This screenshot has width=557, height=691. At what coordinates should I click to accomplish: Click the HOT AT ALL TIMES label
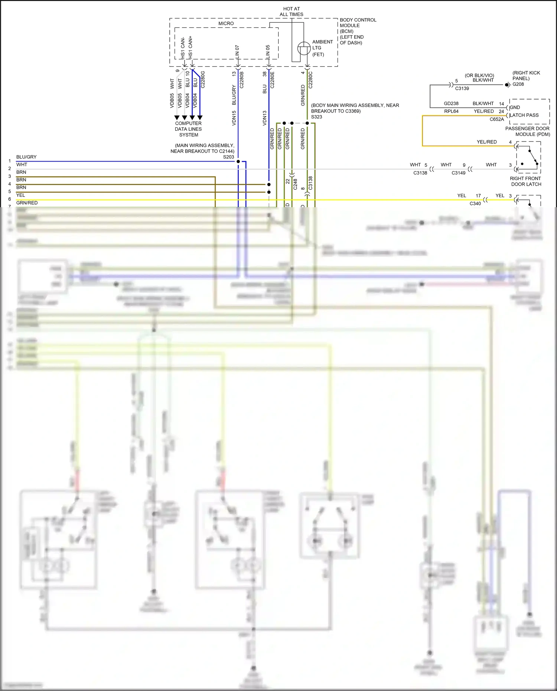click(x=291, y=12)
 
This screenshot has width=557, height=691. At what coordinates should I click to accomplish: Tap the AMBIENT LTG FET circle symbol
click(x=304, y=48)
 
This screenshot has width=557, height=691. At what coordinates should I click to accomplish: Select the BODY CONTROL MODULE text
click(x=358, y=23)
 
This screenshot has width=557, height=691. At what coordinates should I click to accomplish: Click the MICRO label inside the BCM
click(x=226, y=23)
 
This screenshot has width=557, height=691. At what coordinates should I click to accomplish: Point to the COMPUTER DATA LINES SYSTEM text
click(x=188, y=129)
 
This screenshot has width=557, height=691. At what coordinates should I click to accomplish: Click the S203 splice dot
click(x=238, y=162)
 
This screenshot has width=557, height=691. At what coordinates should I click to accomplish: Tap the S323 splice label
click(x=316, y=117)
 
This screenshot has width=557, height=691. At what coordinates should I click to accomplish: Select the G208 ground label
click(x=518, y=84)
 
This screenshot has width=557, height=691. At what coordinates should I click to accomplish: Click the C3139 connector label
click(x=462, y=89)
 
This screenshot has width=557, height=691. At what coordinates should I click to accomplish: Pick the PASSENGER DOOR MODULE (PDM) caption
click(x=527, y=131)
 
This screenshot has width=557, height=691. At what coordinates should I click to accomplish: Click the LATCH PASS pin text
click(x=524, y=115)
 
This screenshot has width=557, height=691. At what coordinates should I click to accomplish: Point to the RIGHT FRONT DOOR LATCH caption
click(x=525, y=181)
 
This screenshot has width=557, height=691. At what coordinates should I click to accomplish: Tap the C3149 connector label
click(x=458, y=173)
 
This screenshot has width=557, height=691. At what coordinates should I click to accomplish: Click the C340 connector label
click(x=475, y=203)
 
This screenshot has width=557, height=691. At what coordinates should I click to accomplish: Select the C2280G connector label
click(x=203, y=79)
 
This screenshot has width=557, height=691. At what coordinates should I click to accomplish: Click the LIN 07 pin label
click(x=237, y=52)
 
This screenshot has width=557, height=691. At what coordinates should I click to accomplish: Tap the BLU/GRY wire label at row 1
click(x=26, y=157)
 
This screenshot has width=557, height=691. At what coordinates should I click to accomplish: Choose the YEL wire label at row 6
click(x=21, y=195)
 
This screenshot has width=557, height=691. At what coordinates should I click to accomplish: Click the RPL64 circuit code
click(x=451, y=111)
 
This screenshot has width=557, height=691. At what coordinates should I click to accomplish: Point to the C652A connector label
click(x=496, y=120)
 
